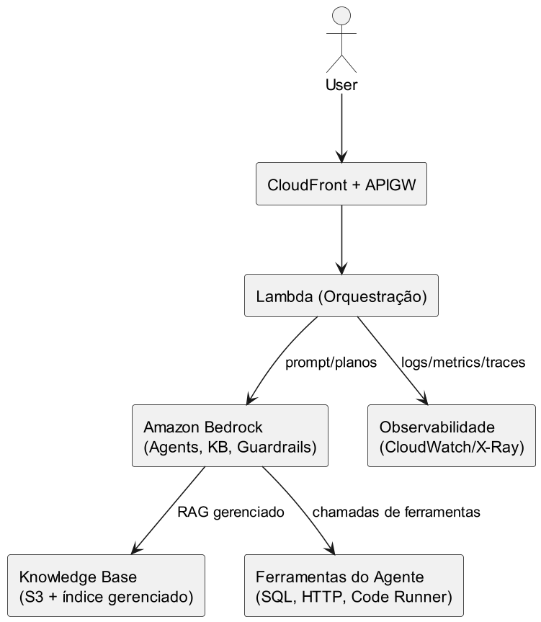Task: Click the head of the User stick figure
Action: point(341,17)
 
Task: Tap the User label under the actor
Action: point(341,85)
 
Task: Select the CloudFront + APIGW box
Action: point(341,185)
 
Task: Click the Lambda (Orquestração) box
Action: point(341,296)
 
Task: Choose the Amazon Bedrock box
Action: point(230,437)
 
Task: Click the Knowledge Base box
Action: point(106,587)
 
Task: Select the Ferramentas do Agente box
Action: point(353,587)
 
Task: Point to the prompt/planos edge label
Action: point(331,363)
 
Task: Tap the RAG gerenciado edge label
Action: point(231,512)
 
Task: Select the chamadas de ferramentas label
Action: point(395,512)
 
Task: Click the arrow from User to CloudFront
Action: point(341,130)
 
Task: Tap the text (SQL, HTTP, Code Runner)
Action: point(353,597)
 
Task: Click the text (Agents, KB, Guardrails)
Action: point(230,447)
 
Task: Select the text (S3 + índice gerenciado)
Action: point(106,597)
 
